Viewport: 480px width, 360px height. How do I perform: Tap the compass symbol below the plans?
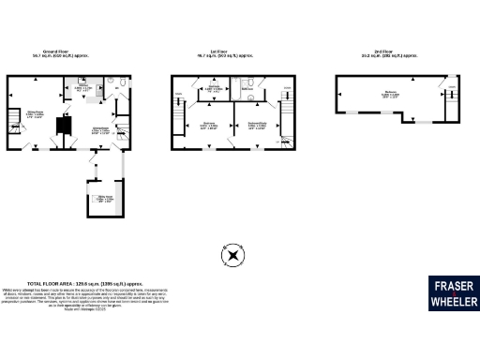point(232,254)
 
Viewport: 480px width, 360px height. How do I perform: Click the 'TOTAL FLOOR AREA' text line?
point(85,282)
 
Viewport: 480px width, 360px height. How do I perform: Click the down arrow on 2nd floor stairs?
point(449,90)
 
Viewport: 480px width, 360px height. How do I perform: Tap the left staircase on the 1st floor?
point(178,122)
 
